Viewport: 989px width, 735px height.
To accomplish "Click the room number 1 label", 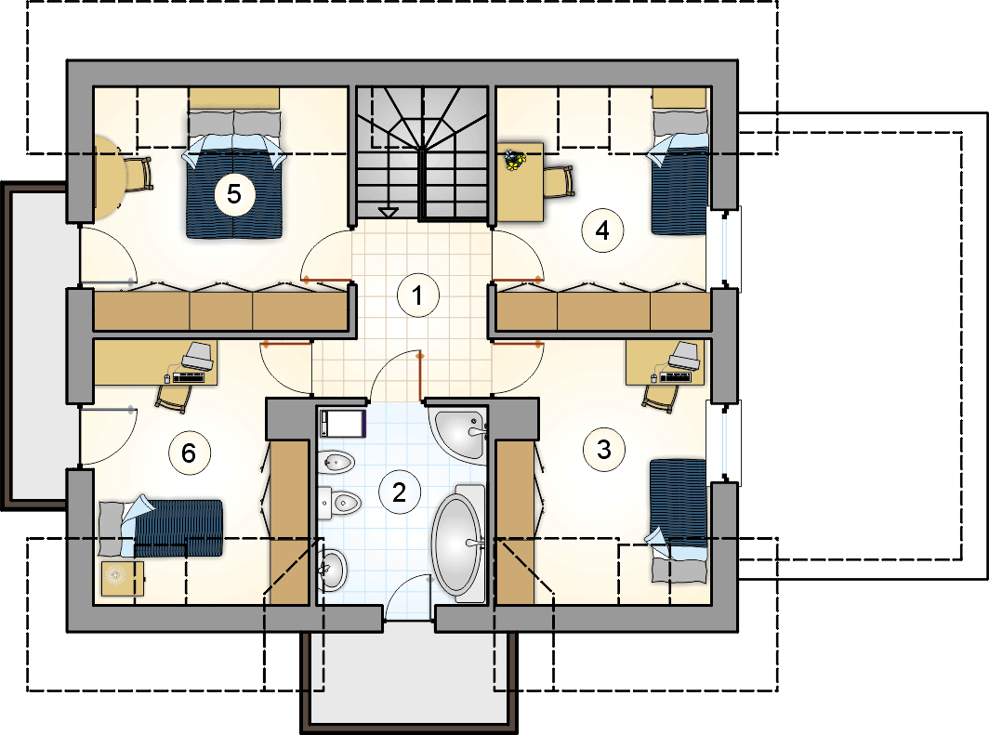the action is (417, 295).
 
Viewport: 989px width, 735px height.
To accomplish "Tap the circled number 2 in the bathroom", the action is (400, 492).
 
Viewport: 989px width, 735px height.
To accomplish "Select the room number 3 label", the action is (603, 450).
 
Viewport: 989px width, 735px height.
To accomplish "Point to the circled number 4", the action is (602, 230).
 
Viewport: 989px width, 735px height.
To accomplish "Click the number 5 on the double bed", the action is (234, 193).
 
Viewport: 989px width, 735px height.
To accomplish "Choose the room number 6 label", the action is (190, 453).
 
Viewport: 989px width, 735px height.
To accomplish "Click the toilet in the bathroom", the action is (339, 503).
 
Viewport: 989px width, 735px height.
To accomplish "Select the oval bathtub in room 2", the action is (458, 543).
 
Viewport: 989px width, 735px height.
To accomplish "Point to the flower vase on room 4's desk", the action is (515, 160).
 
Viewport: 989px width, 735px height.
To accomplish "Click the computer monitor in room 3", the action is (684, 356).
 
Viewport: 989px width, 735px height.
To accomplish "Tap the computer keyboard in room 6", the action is (189, 377).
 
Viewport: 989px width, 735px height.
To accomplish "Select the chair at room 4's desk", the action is (559, 181).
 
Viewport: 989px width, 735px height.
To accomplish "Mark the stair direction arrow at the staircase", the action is (388, 212).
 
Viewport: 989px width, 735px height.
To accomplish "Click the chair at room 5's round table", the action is (138, 175).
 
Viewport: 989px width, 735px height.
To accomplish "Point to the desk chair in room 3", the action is (660, 397).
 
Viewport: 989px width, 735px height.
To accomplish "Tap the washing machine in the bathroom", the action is (342, 423).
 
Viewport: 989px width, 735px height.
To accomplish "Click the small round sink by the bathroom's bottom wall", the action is (333, 570).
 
